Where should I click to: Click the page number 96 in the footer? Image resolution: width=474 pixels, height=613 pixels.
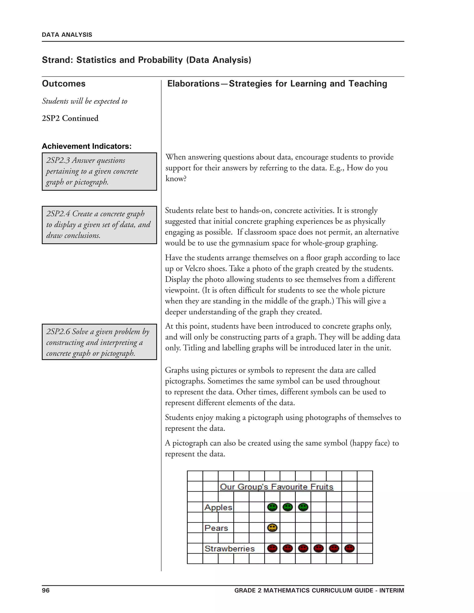[46, 590]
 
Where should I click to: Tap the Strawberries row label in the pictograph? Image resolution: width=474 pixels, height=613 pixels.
[229, 548]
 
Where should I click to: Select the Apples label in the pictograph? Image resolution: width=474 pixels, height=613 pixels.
[218, 507]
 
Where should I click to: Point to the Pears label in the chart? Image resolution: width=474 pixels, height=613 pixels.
[216, 528]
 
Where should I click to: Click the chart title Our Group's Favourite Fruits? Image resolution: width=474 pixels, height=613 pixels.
[276, 487]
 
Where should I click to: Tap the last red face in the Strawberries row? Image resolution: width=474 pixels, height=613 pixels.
[349, 548]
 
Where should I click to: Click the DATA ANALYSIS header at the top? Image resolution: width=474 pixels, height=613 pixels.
[67, 35]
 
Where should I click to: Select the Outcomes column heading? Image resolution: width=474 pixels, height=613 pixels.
[64, 84]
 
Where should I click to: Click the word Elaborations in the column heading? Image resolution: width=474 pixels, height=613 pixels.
[193, 84]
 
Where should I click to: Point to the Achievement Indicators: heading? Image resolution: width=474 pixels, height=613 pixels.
[87, 146]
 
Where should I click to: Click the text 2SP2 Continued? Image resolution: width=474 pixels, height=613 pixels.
[70, 118]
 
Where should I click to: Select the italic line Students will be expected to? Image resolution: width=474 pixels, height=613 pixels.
[84, 101]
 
